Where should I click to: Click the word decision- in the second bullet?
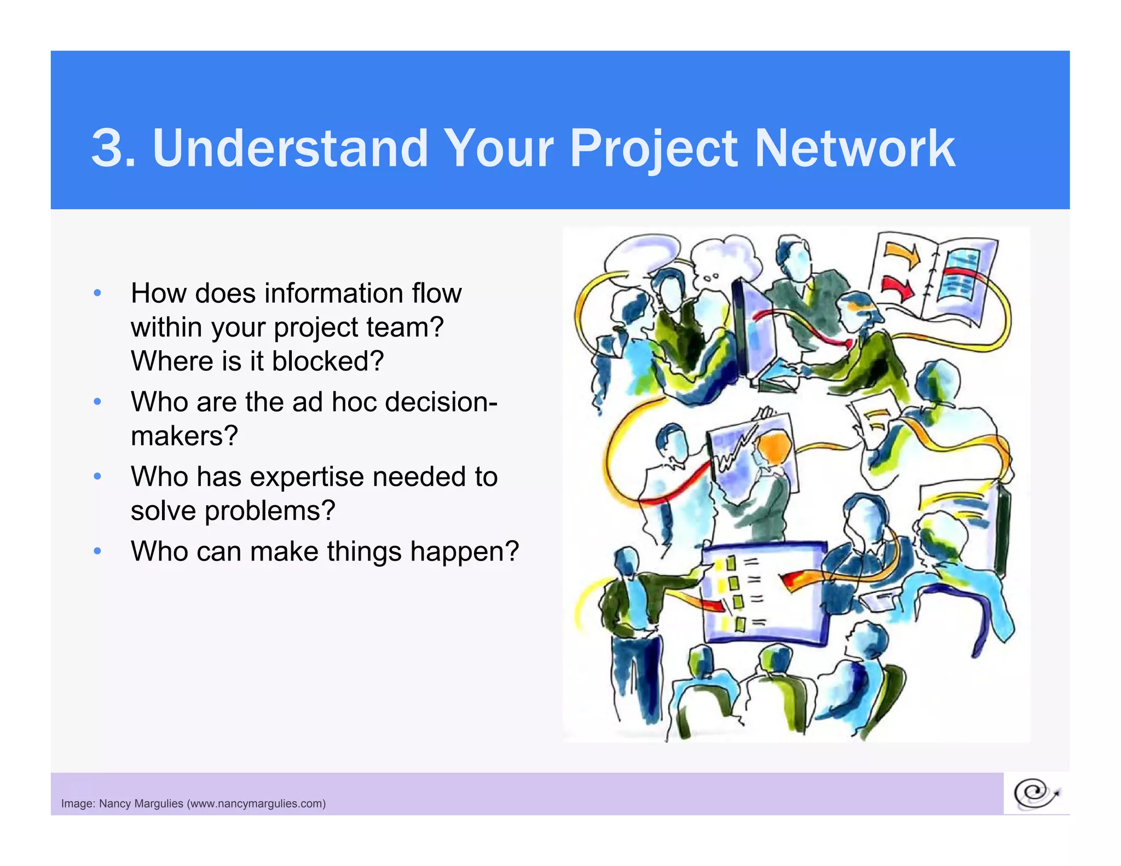point(441,402)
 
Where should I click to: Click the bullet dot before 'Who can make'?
point(97,551)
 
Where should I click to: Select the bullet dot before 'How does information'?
point(97,293)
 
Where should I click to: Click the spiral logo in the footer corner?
point(1036,794)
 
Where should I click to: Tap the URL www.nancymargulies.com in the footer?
point(256,804)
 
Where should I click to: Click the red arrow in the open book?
point(898,287)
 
